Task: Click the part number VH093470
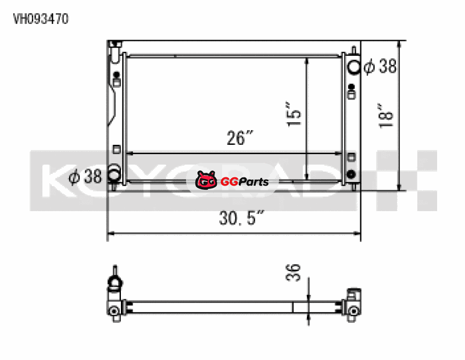(41, 19)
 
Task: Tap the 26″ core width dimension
(240, 137)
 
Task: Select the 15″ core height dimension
(294, 114)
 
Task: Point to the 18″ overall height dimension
(386, 116)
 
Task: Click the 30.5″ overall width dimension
(241, 218)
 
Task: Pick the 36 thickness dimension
(293, 272)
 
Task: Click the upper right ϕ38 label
(381, 66)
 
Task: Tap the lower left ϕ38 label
(85, 176)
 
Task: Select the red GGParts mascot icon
(206, 180)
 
